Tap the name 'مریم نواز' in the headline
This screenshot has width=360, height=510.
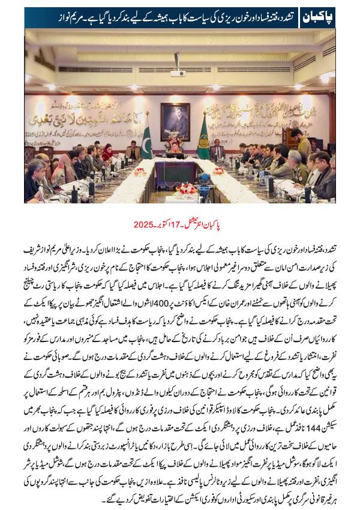[x=45, y=14]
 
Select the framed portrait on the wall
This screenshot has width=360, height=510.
[x=175, y=121]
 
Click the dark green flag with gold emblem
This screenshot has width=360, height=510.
[x=203, y=139]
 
